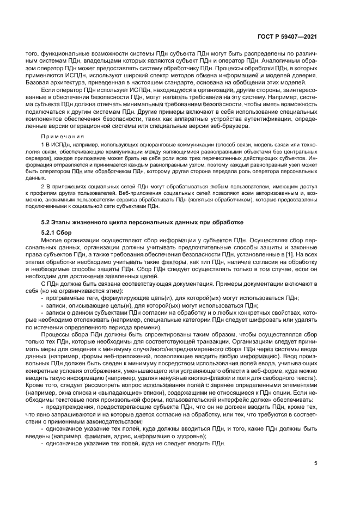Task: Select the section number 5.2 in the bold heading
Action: (x=47, y=222)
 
